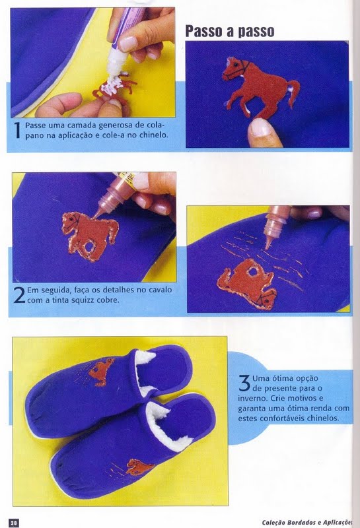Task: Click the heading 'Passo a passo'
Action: [230, 31]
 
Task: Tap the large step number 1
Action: [18, 130]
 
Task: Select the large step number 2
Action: [19, 295]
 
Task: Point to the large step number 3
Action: [244, 383]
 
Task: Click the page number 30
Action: [13, 522]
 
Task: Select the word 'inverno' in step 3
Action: [252, 399]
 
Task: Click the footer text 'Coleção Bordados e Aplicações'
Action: [307, 522]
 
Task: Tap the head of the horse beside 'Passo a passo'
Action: [234, 69]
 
